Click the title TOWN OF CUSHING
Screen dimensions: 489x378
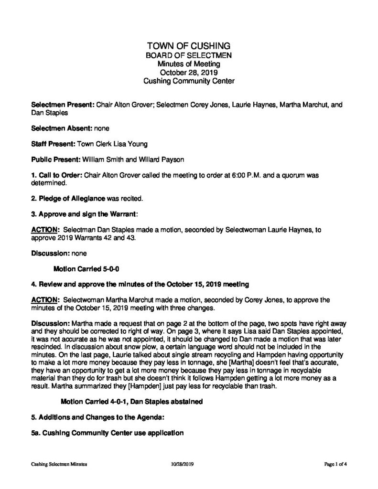coord(189,46)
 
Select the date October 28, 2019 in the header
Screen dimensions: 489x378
coord(189,73)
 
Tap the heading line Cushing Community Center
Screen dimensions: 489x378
coord(189,81)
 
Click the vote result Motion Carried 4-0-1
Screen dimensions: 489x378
coord(94,402)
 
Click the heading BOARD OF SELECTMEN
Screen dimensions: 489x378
coord(189,55)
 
